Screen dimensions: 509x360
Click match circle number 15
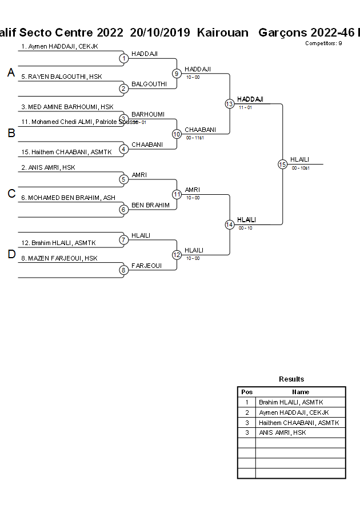pos(282,164)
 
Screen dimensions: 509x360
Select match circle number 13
pos(229,103)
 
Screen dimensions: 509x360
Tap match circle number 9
pos(177,73)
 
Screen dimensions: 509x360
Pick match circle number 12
pos(177,255)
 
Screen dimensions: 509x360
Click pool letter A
pos(11,73)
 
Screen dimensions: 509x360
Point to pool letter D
pos(11,255)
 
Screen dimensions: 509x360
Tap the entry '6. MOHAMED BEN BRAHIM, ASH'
pos(68,198)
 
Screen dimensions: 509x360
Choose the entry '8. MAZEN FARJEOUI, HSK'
pos(59,258)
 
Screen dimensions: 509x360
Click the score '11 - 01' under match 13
pos(246,107)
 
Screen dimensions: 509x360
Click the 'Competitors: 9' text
pos(323,43)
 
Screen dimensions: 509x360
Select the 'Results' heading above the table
pos(291,379)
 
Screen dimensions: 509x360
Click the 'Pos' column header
pos(247,392)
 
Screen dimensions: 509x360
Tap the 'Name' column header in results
pos(301,392)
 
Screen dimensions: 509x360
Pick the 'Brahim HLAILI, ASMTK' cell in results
pos(291,402)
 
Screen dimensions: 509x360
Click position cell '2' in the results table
pos(247,412)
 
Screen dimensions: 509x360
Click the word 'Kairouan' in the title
pos(223,33)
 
